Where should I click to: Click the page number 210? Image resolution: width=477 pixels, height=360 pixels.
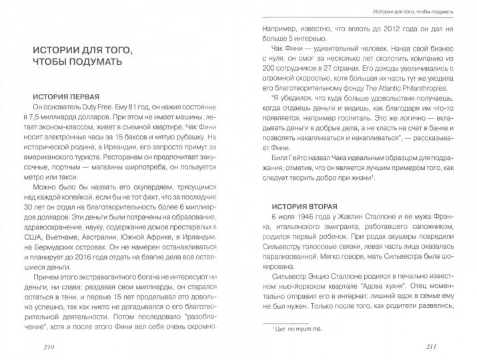[51, 347]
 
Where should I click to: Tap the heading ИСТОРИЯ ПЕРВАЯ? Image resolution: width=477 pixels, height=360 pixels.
[61, 95]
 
